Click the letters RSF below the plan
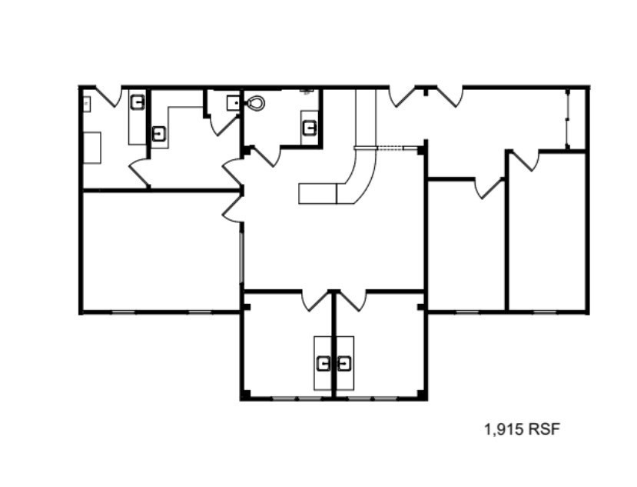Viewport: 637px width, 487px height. (544, 429)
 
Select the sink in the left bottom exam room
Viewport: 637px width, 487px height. (325, 362)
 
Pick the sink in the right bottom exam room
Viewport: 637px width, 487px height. (343, 362)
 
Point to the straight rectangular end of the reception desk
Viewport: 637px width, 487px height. (317, 193)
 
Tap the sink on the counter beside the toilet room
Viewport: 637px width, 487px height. (310, 126)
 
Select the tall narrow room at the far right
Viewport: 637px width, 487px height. (548, 231)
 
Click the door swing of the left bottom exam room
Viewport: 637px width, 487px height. (314, 300)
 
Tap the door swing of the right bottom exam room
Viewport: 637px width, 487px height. (352, 300)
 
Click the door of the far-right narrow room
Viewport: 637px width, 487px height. (525, 161)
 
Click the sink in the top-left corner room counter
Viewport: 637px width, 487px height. (138, 102)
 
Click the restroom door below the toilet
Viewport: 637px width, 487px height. (266, 156)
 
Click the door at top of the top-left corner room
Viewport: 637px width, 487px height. (109, 97)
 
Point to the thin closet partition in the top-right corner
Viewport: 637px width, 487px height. (567, 119)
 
